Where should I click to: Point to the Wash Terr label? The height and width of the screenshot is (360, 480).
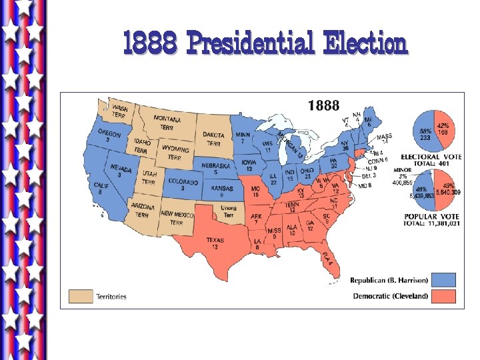click(x=120, y=111)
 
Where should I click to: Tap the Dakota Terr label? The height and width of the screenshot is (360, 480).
click(x=213, y=139)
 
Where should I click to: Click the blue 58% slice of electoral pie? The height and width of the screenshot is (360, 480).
click(x=424, y=133)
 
